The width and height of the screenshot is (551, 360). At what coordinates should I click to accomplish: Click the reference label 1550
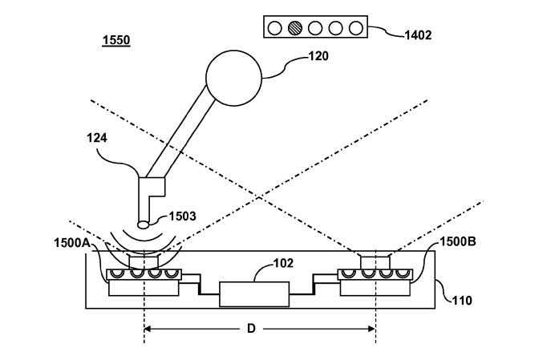117,41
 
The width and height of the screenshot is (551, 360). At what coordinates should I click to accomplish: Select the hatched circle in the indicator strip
295,28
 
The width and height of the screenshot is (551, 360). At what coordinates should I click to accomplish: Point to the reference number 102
283,261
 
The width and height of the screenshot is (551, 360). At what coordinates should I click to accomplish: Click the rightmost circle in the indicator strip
355,28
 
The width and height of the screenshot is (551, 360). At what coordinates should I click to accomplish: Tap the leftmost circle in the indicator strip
275,28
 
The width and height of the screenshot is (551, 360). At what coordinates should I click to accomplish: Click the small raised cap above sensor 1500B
374,261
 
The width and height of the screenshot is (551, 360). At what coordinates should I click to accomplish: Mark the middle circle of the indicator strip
315,28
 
